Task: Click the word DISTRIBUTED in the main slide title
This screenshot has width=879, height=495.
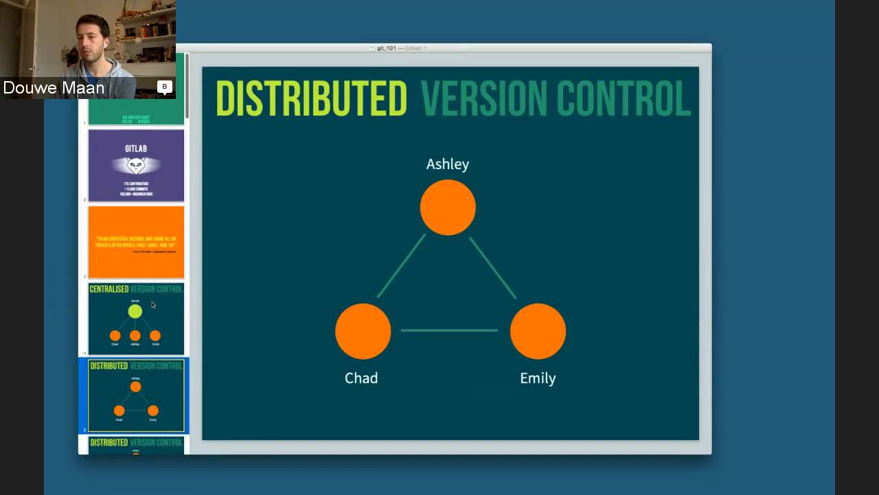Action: (311, 98)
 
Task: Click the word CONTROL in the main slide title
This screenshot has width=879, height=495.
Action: (623, 98)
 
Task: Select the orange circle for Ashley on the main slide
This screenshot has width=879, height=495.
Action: (448, 208)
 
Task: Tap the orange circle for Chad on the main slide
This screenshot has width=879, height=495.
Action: (363, 331)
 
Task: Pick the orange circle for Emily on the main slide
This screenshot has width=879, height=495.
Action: (538, 331)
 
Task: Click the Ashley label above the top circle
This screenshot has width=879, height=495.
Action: (448, 164)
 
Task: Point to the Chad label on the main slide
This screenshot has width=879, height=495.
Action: (361, 378)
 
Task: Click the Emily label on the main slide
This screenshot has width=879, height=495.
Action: (538, 378)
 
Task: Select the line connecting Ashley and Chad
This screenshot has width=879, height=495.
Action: (401, 266)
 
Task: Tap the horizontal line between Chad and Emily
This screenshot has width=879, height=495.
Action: (449, 331)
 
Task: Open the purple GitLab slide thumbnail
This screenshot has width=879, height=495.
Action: (136, 166)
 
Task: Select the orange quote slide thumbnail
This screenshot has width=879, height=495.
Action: (136, 242)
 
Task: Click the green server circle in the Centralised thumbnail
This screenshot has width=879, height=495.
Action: (135, 311)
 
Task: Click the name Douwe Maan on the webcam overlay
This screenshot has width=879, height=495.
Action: (54, 88)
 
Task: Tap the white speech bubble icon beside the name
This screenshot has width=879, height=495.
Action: (164, 87)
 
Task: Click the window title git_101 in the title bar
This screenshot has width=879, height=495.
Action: (387, 48)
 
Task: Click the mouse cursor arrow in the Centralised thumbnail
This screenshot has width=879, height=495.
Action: (153, 305)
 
